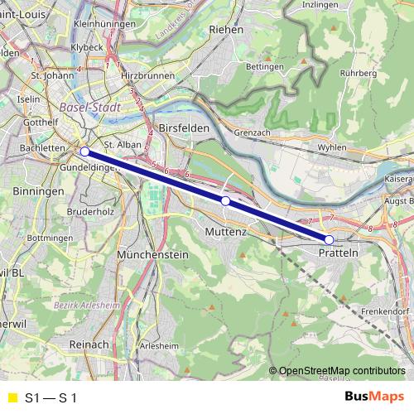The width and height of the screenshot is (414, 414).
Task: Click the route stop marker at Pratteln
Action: (329, 240)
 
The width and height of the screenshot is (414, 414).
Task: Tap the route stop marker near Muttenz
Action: (225, 201)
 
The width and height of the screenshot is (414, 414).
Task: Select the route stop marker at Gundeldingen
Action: (84, 152)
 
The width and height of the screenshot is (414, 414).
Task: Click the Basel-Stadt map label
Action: (90, 108)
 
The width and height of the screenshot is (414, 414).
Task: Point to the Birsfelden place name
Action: (180, 129)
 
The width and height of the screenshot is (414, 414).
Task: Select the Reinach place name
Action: (89, 343)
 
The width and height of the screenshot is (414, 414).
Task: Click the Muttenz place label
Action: (225, 233)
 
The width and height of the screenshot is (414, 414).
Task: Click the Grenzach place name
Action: (253, 132)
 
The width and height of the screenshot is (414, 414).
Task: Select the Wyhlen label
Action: (320, 147)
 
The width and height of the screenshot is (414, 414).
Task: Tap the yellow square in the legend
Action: (12, 398)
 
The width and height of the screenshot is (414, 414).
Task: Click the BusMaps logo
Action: (373, 397)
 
